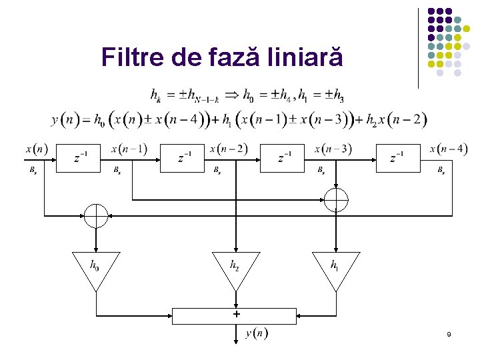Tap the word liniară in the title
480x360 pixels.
307,58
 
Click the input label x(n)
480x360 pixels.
35,149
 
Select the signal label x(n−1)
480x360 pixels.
129,149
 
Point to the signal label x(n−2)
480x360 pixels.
228,149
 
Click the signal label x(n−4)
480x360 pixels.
447,149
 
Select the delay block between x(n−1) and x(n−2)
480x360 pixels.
184,157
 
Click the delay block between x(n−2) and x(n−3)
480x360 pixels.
285,157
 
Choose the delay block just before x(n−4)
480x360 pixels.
398,157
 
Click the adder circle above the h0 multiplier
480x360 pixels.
96,215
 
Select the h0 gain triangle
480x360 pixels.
96,268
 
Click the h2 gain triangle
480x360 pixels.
235,268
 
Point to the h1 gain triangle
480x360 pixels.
336,268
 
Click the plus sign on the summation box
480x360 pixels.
236,313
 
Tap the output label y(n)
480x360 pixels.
257,333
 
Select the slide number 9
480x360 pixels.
449,333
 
